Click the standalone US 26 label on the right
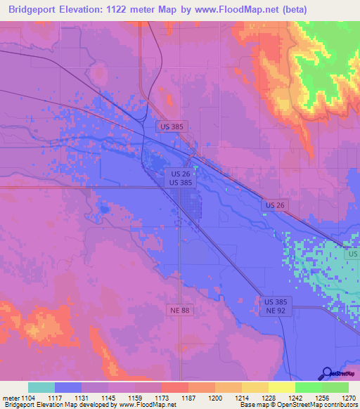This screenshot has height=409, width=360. [x=275, y=204]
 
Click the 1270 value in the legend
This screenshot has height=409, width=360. [x=349, y=398]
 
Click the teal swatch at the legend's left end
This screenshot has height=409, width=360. [x=41, y=387]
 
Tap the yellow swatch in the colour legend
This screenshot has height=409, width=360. [x=281, y=387]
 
